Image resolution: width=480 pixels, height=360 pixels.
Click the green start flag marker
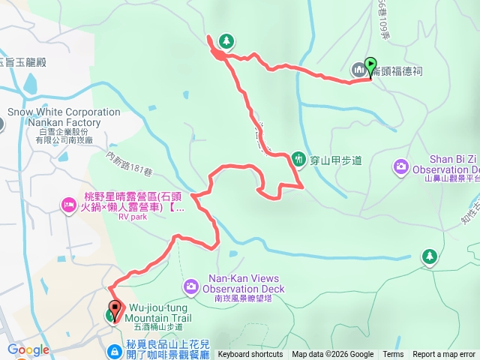pyautogui.click(x=370, y=65)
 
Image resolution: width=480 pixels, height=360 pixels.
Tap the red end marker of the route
pyautogui.click(x=115, y=307)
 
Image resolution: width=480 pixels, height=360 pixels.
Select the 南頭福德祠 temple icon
pyautogui.click(x=358, y=70)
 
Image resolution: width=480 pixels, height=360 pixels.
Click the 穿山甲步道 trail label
pyautogui.click(x=336, y=159)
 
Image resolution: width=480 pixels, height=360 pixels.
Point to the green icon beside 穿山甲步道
pyautogui.click(x=298, y=158)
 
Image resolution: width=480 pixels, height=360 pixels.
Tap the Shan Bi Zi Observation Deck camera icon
pyautogui.click(x=401, y=165)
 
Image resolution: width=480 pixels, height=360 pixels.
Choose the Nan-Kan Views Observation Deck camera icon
pyautogui.click(x=191, y=286)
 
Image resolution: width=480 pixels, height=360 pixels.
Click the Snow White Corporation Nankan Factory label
pyautogui.click(x=64, y=118)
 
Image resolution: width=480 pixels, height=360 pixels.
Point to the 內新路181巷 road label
pyautogui.click(x=129, y=165)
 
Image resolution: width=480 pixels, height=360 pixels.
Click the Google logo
pyautogui.click(x=28, y=349)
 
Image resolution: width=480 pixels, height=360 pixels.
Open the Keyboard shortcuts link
pyautogui.click(x=250, y=355)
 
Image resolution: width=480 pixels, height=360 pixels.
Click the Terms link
pyautogui.click(x=393, y=355)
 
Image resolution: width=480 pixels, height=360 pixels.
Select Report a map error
pyautogui.click(x=444, y=355)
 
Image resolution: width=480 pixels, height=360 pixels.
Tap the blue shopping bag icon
pyautogui.click(x=112, y=350)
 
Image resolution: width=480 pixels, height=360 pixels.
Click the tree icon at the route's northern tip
pyautogui.click(x=226, y=40)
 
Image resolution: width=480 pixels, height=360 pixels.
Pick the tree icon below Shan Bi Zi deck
pyautogui.click(x=429, y=256)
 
